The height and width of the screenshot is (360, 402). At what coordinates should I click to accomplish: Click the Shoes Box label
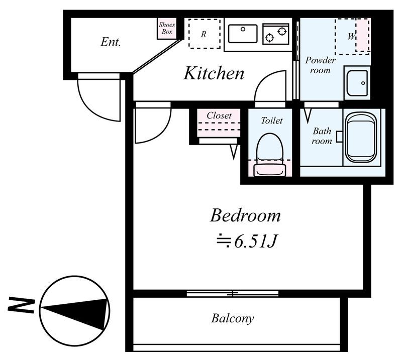tap(167, 28)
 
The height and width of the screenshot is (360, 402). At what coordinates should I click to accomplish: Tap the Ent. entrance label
tap(111, 42)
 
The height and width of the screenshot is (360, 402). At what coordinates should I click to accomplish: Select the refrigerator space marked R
tap(204, 34)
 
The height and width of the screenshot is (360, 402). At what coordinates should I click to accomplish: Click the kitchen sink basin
tap(243, 34)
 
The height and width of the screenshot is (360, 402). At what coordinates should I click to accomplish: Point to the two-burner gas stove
tap(276, 34)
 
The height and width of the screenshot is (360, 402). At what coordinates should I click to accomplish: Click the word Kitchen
tap(214, 73)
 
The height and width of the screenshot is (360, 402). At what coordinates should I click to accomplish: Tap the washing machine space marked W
tap(352, 36)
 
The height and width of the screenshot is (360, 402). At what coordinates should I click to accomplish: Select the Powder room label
tap(320, 65)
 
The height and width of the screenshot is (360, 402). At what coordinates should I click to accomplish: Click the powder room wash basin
tap(357, 83)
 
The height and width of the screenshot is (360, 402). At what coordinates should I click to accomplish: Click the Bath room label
tap(322, 136)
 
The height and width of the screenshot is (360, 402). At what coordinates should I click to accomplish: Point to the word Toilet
tap(272, 121)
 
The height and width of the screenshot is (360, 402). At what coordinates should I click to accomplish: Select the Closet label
tap(219, 115)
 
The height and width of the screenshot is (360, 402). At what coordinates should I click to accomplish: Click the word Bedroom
tap(245, 216)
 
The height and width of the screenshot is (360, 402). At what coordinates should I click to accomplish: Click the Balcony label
tap(233, 318)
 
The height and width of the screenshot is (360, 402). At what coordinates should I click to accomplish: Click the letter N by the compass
tap(22, 305)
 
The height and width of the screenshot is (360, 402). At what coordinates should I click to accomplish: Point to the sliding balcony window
tap(233, 294)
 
